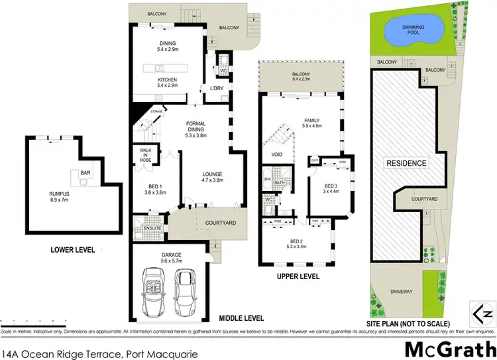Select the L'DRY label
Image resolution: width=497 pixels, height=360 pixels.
pyautogui.click(x=216, y=89)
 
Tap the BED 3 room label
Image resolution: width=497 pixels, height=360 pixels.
pyautogui.click(x=331, y=188)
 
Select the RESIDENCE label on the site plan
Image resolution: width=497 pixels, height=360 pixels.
pyautogui.click(x=406, y=162)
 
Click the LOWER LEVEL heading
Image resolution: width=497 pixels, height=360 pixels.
pyautogui.click(x=73, y=250)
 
